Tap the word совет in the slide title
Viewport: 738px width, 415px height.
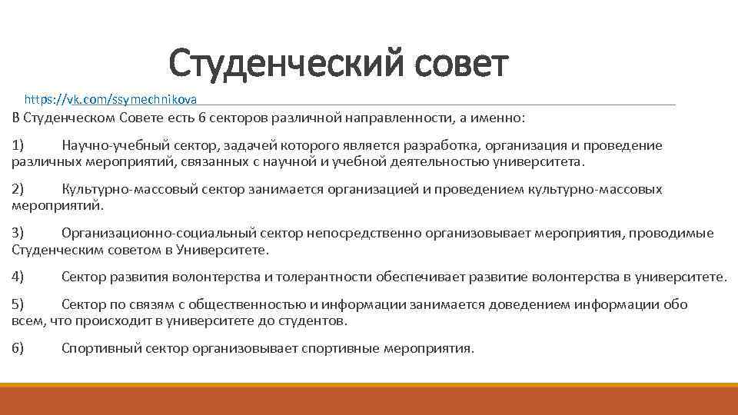click(x=460, y=64)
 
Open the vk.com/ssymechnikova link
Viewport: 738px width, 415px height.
click(x=111, y=99)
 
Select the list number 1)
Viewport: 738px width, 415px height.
click(x=18, y=145)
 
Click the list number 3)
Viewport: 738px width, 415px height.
click(x=18, y=233)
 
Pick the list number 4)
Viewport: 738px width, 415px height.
click(x=18, y=277)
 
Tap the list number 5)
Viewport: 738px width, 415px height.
click(x=18, y=304)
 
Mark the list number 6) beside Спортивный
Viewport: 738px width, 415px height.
click(x=18, y=348)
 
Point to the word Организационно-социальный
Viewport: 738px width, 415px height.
click(x=148, y=233)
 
